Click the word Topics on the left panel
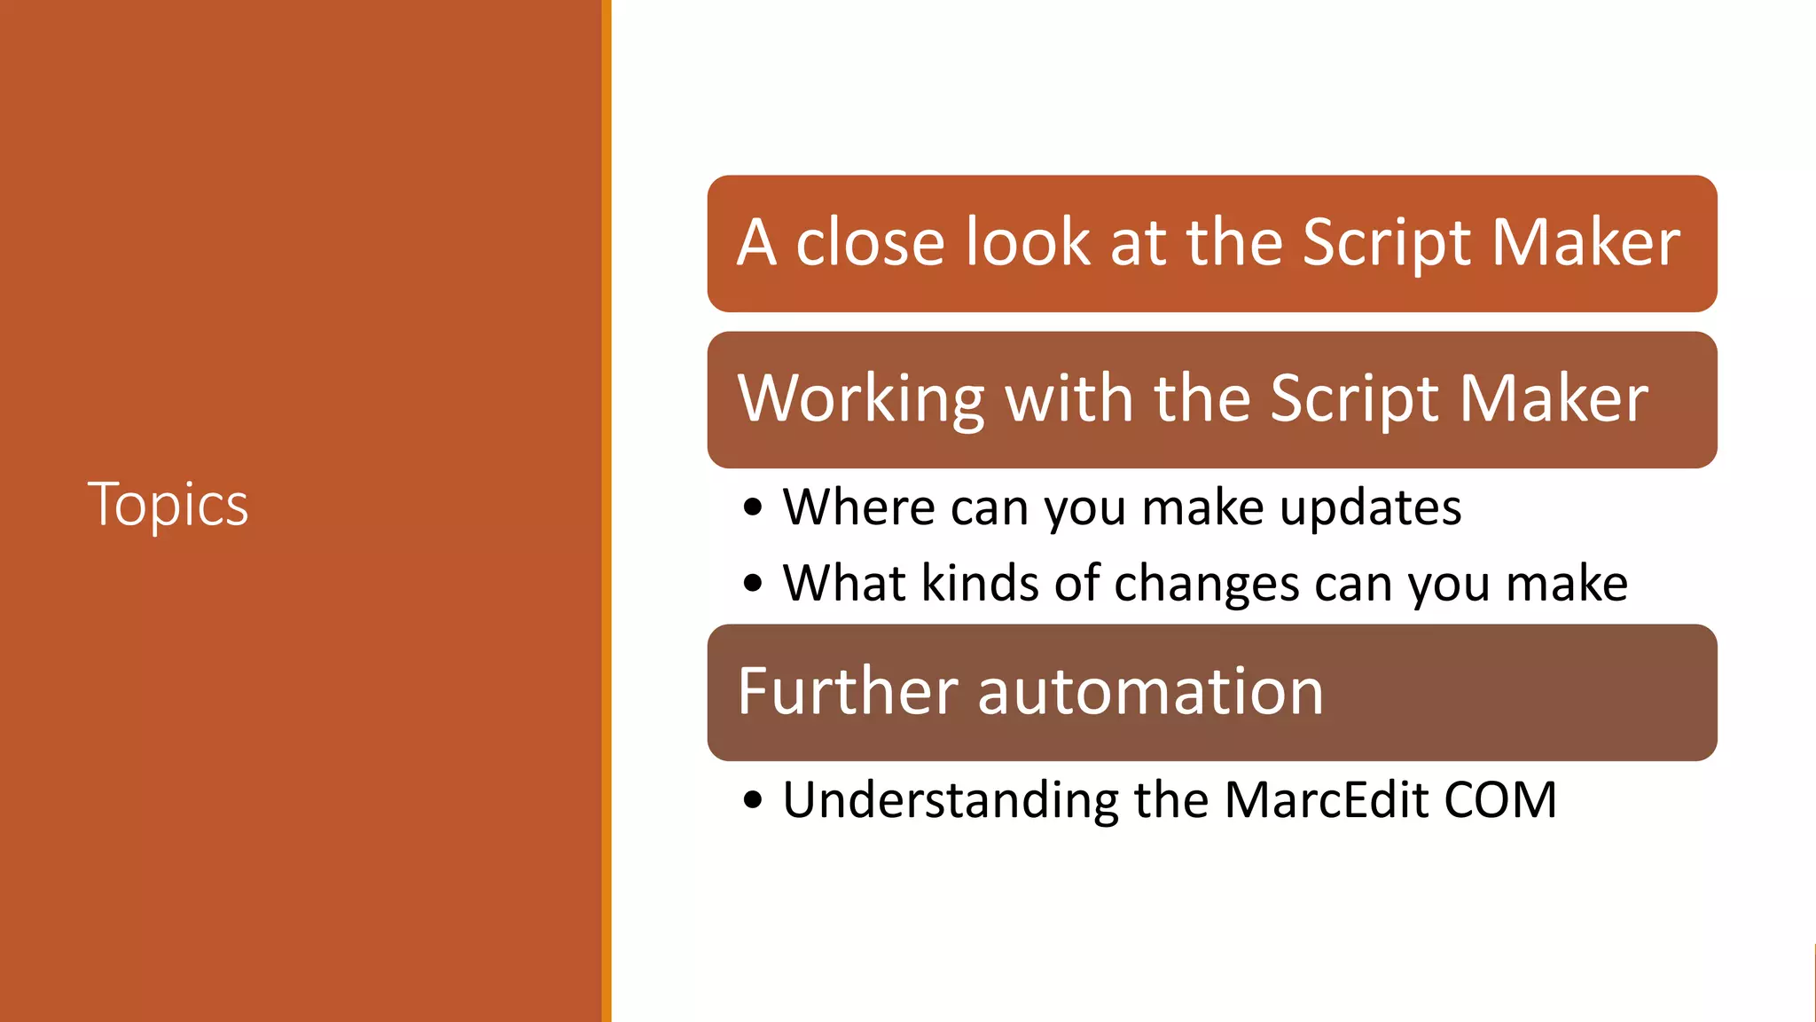point(168,504)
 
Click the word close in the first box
point(870,242)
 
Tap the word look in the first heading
point(1027,242)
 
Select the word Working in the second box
point(861,398)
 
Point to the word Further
point(848,691)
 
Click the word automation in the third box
point(1150,691)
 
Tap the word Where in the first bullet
point(858,507)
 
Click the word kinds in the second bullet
point(980,583)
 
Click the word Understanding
point(951,801)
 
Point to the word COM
point(1499,799)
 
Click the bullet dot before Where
point(753,508)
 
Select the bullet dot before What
point(753,584)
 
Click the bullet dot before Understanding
point(753,800)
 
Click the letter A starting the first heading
point(756,242)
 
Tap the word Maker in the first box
point(1585,242)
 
